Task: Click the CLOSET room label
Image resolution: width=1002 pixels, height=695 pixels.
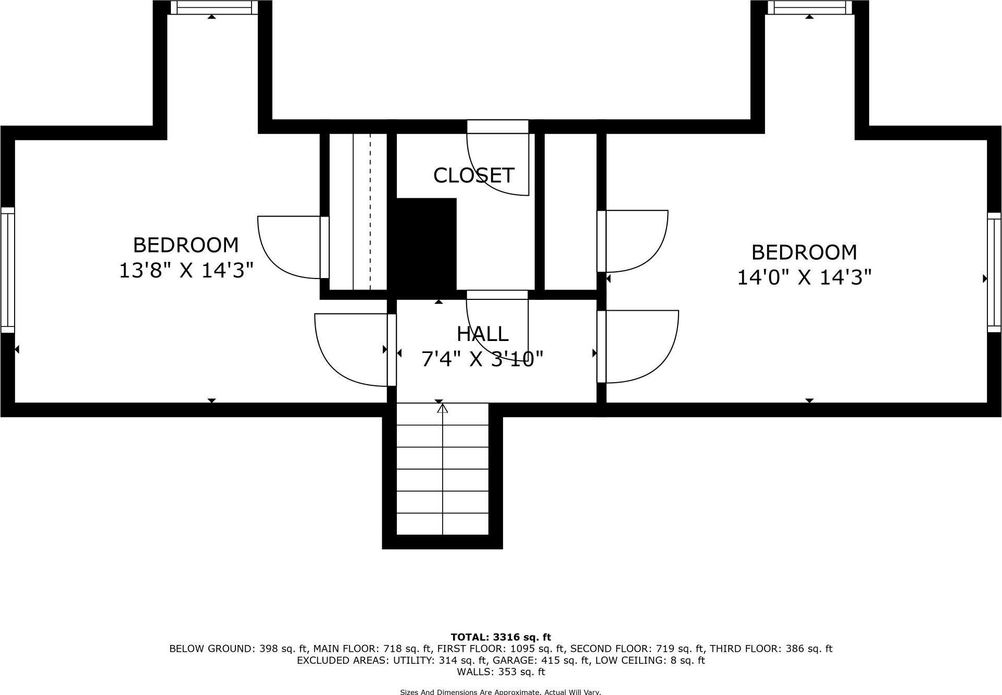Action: pos(473,175)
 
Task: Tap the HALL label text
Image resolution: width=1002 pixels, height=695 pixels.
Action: pos(482,334)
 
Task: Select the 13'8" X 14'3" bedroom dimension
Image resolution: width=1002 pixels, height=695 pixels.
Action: pos(186,270)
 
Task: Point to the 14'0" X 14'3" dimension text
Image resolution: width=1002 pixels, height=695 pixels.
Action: pos(804,277)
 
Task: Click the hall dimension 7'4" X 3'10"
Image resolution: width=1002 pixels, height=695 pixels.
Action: pos(482,359)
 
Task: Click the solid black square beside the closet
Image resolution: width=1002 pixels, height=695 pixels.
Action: pos(427,243)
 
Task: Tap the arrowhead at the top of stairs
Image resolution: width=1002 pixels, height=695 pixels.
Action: pos(442,409)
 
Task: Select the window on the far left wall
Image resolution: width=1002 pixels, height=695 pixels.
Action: pos(7,270)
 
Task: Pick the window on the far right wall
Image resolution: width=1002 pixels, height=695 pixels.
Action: pos(994,272)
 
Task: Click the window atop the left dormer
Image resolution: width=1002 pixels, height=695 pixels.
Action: pos(214,7)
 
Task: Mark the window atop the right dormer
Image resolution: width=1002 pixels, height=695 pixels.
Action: pos(809,7)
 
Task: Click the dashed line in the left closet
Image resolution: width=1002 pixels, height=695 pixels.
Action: pos(370,211)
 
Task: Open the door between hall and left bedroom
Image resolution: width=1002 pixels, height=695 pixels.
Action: pos(354,350)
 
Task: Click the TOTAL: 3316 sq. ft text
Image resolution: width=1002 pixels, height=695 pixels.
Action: pos(500,637)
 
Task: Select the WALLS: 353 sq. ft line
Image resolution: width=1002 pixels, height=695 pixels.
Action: pos(500,672)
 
